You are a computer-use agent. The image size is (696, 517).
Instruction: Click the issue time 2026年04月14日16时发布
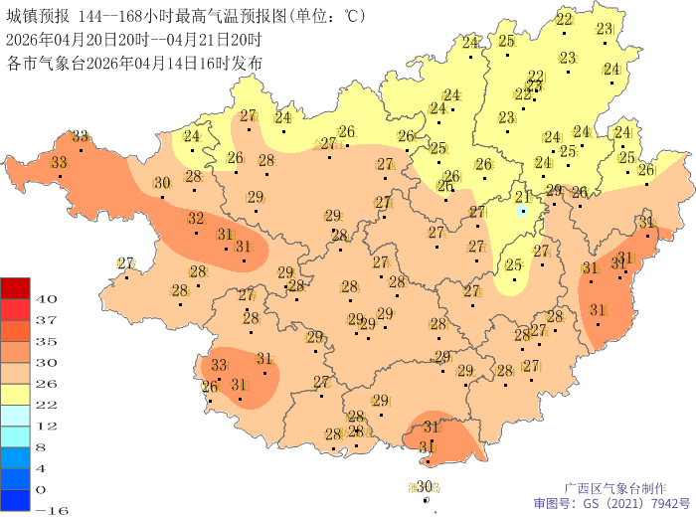184,63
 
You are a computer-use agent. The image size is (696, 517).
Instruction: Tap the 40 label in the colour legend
46,298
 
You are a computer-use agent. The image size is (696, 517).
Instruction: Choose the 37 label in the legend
46,319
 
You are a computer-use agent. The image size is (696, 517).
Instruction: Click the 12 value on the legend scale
46,426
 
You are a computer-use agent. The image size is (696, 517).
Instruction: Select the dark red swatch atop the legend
16,287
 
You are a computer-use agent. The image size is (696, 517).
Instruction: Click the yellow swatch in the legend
16,394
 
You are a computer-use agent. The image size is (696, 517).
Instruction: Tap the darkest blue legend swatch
16,500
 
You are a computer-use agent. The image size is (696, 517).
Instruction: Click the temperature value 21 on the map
522,197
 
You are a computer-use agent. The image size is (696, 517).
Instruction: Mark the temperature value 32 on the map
196,219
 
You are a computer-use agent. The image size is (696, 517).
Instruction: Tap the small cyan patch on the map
523,211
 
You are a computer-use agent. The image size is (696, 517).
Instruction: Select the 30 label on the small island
425,486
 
